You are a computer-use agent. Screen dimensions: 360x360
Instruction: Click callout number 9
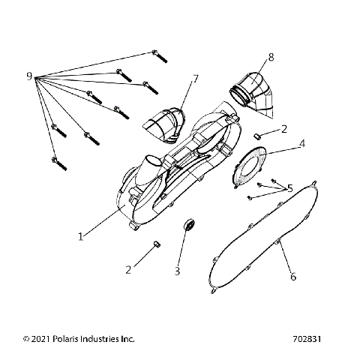pyautogui.click(x=28, y=76)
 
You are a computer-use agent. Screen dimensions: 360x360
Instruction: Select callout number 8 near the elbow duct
pyautogui.click(x=271, y=57)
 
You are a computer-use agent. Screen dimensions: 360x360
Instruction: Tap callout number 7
pyautogui.click(x=195, y=79)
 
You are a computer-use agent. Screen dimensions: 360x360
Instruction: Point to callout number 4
pyautogui.click(x=301, y=142)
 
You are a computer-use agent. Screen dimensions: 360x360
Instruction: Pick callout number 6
pyautogui.click(x=293, y=277)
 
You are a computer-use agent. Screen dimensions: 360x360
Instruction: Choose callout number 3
pyautogui.click(x=177, y=270)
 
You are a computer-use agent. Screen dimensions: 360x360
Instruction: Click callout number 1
pyautogui.click(x=80, y=236)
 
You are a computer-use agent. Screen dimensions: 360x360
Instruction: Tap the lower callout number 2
pyautogui.click(x=129, y=268)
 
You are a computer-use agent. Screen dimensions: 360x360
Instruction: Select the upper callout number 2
pyautogui.click(x=283, y=129)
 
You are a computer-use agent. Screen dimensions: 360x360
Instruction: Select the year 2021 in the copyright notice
pyautogui.click(x=39, y=338)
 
